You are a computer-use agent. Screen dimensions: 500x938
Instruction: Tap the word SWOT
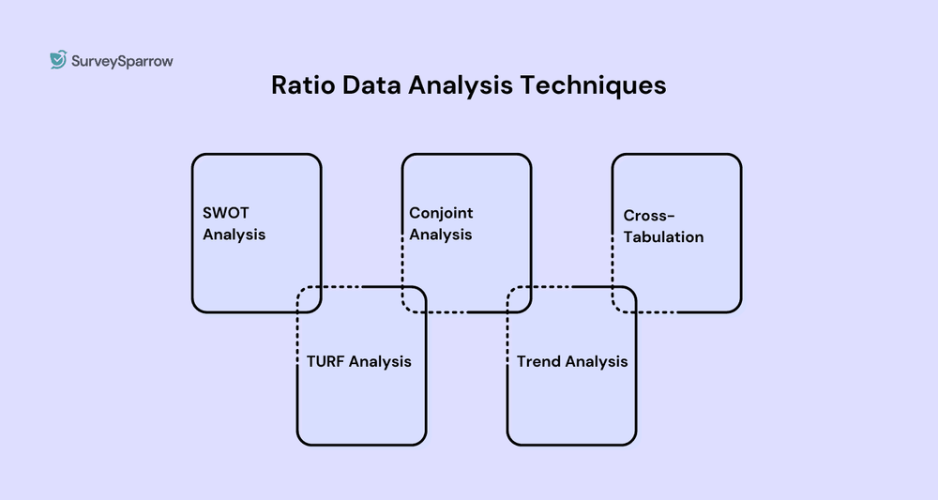226,214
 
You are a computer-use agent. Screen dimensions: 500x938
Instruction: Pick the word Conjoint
441,214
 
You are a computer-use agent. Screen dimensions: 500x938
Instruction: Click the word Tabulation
663,237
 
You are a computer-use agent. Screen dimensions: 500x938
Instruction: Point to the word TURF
325,361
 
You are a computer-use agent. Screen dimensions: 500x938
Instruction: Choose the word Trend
538,361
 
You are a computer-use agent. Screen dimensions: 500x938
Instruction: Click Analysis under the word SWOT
234,235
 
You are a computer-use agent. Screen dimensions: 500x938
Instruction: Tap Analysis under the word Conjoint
440,235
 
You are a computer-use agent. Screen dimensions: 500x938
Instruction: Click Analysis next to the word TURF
380,361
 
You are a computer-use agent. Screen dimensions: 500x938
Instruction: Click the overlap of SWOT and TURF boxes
310,299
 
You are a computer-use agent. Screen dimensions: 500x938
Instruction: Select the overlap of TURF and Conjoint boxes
415,299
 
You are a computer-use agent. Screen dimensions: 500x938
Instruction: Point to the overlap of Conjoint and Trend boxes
520,299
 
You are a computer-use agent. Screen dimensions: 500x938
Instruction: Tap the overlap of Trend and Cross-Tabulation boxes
625,299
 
